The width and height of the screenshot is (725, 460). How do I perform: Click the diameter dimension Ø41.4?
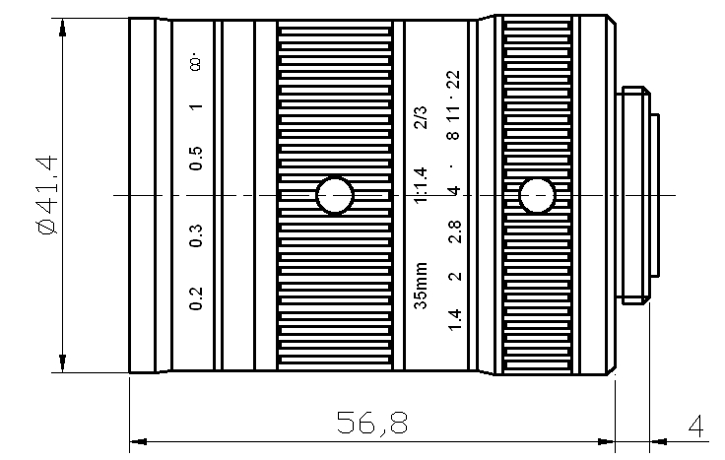pyautogui.click(x=47, y=195)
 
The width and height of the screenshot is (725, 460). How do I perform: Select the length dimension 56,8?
pyautogui.click(x=372, y=423)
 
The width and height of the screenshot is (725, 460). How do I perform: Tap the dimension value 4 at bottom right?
pyautogui.click(x=695, y=427)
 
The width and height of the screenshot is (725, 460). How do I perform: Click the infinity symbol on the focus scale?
pyautogui.click(x=196, y=64)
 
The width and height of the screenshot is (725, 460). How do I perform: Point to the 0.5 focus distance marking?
pyautogui.click(x=196, y=159)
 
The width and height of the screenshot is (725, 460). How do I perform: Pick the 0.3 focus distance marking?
pyautogui.click(x=196, y=235)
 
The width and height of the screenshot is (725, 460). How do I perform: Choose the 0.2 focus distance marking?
pyautogui.click(x=196, y=298)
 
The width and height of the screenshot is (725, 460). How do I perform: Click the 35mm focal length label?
pyautogui.click(x=421, y=286)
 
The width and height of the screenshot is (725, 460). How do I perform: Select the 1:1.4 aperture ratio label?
pyautogui.click(x=421, y=185)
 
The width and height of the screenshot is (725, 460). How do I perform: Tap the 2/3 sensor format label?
pyautogui.click(x=421, y=117)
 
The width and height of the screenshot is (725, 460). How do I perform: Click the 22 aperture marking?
pyautogui.click(x=453, y=80)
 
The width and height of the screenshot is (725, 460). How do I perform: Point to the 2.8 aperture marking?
pyautogui.click(x=454, y=231)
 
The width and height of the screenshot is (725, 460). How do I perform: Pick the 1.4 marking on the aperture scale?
pyautogui.click(x=454, y=320)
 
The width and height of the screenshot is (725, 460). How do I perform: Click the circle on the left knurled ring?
pyautogui.click(x=335, y=196)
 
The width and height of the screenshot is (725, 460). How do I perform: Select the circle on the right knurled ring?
pyautogui.click(x=536, y=196)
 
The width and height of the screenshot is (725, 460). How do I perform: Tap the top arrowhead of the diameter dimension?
pyautogui.click(x=63, y=28)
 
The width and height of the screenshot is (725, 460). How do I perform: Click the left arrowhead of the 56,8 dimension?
pyautogui.click(x=138, y=441)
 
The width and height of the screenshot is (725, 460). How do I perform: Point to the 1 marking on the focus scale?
pyautogui.click(x=196, y=106)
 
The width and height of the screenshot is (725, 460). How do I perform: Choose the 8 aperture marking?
pyautogui.click(x=453, y=135)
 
